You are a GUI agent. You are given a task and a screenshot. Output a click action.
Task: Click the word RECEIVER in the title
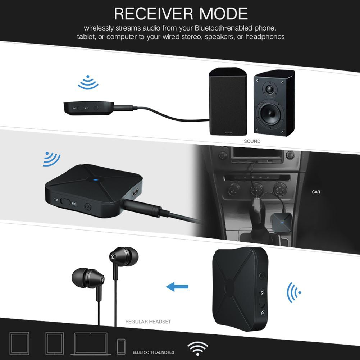[149, 14]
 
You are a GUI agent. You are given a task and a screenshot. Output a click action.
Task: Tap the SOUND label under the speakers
[252, 141]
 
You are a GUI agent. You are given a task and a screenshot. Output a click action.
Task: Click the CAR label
[316, 192]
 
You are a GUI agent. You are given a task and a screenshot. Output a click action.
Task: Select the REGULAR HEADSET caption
[148, 322]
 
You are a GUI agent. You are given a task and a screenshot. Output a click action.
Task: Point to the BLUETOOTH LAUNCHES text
[153, 352]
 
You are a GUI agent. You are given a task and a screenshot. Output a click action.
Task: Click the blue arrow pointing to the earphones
[177, 286]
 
